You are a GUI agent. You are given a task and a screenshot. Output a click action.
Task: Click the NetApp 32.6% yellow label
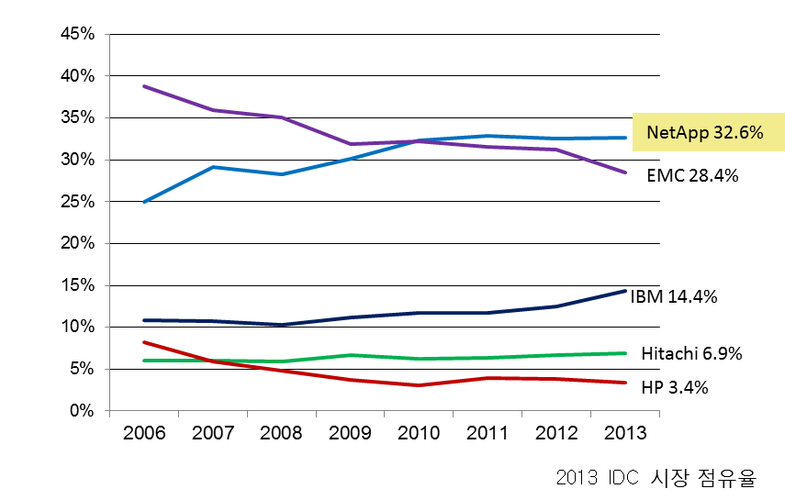(x=705, y=132)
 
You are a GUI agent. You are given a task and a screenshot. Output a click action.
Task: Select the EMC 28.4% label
(x=692, y=174)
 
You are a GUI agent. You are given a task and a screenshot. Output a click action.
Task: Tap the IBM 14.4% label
(x=673, y=296)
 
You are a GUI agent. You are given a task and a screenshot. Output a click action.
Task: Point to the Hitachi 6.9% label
(x=691, y=353)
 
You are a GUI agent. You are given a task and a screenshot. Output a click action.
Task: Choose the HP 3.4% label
(x=674, y=387)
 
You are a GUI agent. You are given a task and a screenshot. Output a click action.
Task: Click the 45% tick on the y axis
(x=77, y=34)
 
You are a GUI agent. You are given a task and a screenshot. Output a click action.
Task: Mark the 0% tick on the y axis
(x=83, y=411)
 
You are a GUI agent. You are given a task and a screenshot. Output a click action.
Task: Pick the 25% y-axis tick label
(x=77, y=202)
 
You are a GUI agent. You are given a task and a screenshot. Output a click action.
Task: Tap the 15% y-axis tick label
(x=77, y=285)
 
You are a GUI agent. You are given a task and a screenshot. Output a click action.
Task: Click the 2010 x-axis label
(x=420, y=433)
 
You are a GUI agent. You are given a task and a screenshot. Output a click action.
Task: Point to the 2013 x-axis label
(x=625, y=433)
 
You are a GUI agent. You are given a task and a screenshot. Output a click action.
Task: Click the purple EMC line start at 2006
(x=145, y=86)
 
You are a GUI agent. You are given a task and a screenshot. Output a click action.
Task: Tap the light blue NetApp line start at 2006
(x=145, y=201)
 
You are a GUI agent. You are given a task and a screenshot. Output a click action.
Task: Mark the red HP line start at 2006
(x=145, y=342)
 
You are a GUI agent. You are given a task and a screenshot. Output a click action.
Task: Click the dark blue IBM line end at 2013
(x=625, y=291)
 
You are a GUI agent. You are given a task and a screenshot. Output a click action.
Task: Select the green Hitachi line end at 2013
(x=625, y=353)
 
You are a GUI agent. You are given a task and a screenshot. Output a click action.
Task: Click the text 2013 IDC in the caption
(x=597, y=478)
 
